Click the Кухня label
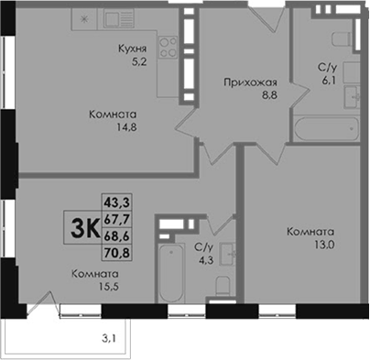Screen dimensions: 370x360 [x=133, y=49]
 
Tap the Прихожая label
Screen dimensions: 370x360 [x=250, y=82]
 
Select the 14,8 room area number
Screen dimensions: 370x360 [x=126, y=127]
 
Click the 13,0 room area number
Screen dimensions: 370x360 [x=324, y=245]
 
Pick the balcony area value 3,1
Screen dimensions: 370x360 [x=108, y=338]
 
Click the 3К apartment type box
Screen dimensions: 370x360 [x=82, y=227]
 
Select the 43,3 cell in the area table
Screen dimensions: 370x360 [x=116, y=202]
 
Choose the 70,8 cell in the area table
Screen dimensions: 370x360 [x=116, y=253]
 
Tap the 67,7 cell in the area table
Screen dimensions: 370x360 [x=116, y=219]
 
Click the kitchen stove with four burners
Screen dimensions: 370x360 [x=169, y=47]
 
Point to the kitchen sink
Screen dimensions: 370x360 [x=118, y=18]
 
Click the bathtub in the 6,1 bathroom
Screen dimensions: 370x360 [x=326, y=129]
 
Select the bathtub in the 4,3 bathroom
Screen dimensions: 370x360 [x=171, y=273]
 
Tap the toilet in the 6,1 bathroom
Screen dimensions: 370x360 [x=343, y=39]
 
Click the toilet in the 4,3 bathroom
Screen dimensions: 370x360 [x=223, y=286]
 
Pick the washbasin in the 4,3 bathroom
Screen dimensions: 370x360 [x=228, y=254]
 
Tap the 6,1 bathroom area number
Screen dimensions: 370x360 [x=326, y=81]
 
